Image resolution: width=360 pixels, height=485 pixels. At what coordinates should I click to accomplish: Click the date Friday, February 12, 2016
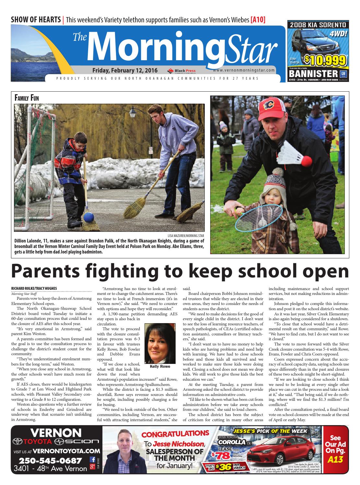click(125, 70)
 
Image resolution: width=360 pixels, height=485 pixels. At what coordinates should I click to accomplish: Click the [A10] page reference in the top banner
click(258, 20)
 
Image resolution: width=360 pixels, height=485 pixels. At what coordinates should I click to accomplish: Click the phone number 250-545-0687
click(50, 460)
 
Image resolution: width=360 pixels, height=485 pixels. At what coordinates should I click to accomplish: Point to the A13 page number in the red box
click(335, 459)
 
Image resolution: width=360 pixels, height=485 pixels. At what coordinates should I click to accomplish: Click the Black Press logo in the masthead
click(181, 71)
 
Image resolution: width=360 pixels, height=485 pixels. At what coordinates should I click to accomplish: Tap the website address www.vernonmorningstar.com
click(244, 70)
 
